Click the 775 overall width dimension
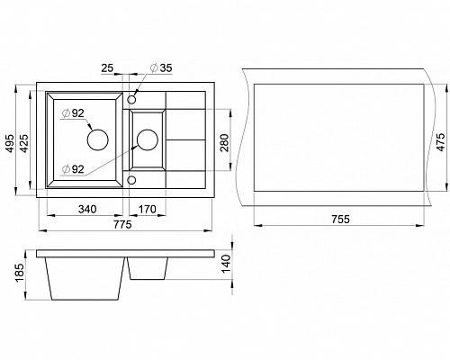(x=122, y=224)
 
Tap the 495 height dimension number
(x=10, y=143)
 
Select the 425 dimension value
(x=24, y=143)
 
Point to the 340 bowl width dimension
(x=87, y=209)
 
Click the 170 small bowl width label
(x=147, y=209)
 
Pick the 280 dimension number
(x=224, y=142)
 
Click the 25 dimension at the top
(x=107, y=68)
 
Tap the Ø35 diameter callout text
(x=161, y=68)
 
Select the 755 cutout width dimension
(x=341, y=220)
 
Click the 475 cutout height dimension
(x=440, y=142)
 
